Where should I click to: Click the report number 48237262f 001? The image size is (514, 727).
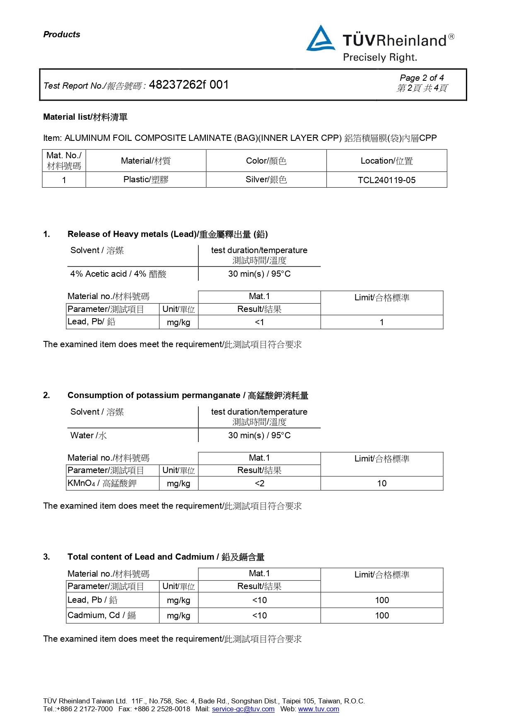click(188, 85)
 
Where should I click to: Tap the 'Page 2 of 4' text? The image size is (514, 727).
click(422, 78)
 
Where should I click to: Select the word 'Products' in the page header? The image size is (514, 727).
click(62, 34)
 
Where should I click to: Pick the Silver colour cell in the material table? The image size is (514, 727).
click(266, 180)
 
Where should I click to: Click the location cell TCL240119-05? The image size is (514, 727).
click(386, 180)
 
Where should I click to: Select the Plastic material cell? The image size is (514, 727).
click(146, 180)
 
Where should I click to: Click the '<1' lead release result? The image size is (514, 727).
click(259, 322)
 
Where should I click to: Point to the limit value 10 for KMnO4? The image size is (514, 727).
click(381, 483)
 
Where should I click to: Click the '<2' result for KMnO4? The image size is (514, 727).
click(259, 483)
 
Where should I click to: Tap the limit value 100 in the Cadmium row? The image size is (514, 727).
click(381, 616)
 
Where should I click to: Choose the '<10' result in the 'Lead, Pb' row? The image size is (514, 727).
click(259, 600)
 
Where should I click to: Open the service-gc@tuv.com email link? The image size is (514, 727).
click(243, 709)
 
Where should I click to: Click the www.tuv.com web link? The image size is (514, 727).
click(319, 709)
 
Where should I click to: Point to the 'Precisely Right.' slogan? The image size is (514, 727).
click(380, 58)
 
